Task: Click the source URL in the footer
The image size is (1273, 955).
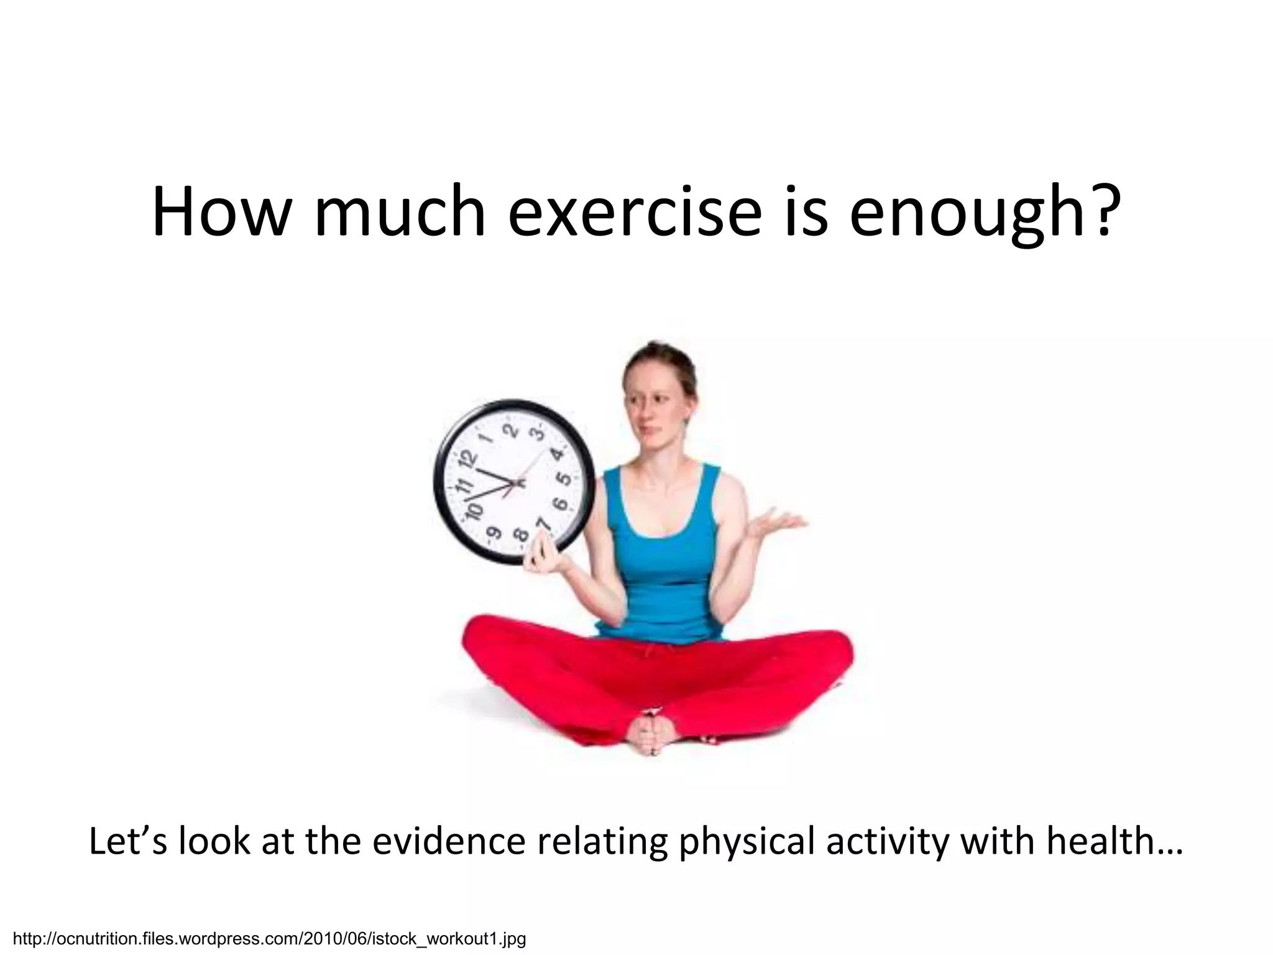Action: point(270,938)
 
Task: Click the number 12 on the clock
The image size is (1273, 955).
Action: point(469,461)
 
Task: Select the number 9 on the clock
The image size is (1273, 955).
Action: point(494,533)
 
